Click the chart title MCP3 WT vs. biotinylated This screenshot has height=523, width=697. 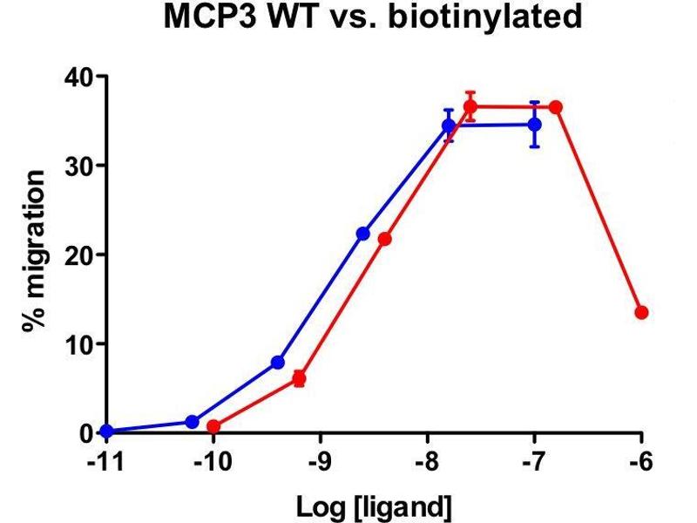pyautogui.click(x=372, y=17)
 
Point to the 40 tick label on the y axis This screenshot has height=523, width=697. pyautogui.click(x=79, y=77)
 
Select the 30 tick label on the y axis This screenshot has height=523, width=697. pyautogui.click(x=79, y=166)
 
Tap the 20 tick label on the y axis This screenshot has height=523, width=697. pyautogui.click(x=79, y=255)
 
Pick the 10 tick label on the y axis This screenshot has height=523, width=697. pyautogui.click(x=79, y=343)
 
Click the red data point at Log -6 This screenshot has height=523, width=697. pyautogui.click(x=641, y=312)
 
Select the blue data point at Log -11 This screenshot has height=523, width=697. pyautogui.click(x=106, y=431)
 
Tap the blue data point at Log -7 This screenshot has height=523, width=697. pyautogui.click(x=534, y=125)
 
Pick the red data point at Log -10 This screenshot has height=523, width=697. pyautogui.click(x=213, y=426)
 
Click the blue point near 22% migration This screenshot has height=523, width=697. pyautogui.click(x=363, y=234)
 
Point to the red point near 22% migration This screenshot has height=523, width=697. pyautogui.click(x=384, y=239)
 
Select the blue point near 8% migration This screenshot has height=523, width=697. pyautogui.click(x=278, y=362)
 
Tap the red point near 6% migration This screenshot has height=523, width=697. pyautogui.click(x=299, y=378)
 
